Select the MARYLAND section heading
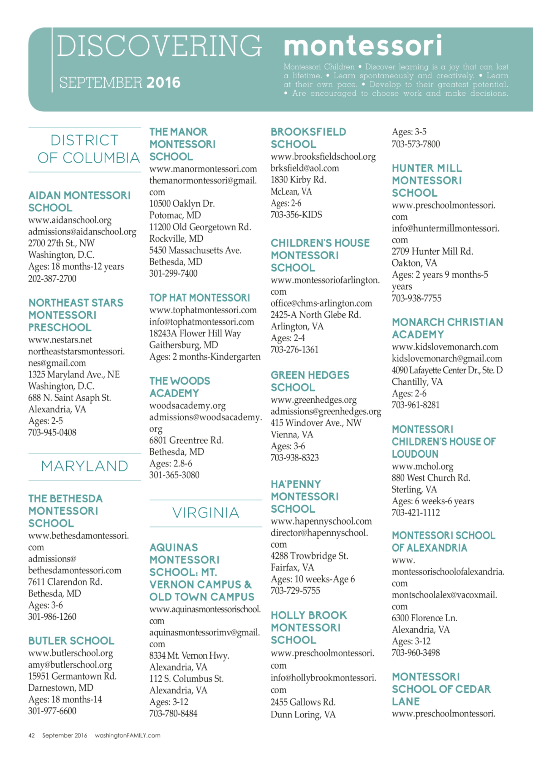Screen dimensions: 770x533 point(85,466)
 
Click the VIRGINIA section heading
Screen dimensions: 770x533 point(206,513)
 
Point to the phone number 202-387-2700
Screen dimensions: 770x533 point(52,278)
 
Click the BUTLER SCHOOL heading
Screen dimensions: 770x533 point(71,641)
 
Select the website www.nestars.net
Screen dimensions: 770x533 point(60,340)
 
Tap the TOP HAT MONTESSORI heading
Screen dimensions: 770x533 point(199,298)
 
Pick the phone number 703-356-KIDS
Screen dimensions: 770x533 point(296,214)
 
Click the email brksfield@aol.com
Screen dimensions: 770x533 point(305,168)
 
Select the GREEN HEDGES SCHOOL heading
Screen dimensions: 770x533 point(310,381)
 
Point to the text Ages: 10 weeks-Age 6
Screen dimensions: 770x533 point(313,579)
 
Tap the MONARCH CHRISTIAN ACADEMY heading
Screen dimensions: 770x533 point(447,328)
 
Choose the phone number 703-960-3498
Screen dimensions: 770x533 point(415,652)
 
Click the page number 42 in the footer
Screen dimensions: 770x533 point(31,736)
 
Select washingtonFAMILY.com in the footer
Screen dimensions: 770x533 point(127,736)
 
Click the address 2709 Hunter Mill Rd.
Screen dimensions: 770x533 point(432,251)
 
